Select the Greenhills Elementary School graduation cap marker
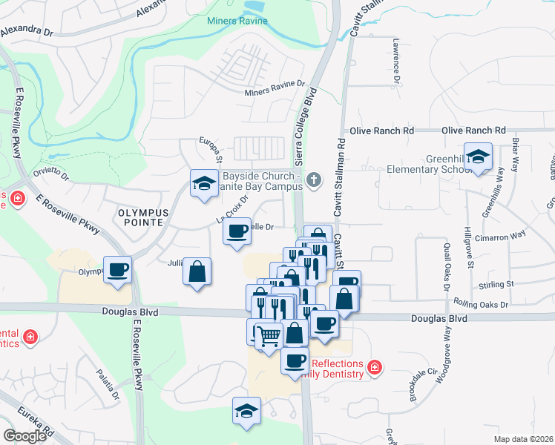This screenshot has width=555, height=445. (479, 156)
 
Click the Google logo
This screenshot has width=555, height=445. (24, 435)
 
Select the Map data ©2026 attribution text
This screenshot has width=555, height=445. (523, 438)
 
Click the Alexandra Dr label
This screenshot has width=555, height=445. (27, 32)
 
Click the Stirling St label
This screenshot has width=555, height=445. (497, 284)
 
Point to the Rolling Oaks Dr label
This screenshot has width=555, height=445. (482, 304)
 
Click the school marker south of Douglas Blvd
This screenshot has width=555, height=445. (246, 411)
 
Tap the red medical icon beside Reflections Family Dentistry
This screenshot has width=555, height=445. (375, 367)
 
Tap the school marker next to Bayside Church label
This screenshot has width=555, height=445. (203, 183)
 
